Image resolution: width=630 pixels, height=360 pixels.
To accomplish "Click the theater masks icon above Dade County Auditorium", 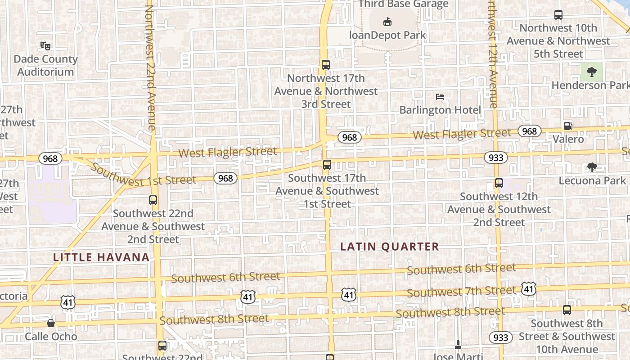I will coord(45,45).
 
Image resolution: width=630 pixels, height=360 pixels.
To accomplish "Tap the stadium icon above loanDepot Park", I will coord(387,22).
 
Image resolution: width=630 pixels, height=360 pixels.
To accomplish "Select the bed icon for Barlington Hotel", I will coord(440,96).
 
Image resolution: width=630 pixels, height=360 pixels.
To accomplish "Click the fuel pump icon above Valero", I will coord(568,126).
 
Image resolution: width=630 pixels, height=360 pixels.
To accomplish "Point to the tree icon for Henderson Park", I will coord(591,72).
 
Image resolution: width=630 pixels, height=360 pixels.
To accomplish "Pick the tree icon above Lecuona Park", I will coord(592,167).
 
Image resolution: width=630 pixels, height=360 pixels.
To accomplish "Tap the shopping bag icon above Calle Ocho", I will coord(51,323).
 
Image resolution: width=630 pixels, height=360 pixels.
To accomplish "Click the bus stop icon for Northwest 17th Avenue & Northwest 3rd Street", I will coord(326,65).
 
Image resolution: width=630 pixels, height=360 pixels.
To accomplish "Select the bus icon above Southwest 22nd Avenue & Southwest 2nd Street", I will coord(153,200).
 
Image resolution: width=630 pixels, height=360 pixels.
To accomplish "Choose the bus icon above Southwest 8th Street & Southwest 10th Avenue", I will coord(567,310).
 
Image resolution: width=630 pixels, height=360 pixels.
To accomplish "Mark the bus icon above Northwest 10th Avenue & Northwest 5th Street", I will coord(558,15).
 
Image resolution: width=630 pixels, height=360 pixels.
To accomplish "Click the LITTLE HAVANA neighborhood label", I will coord(101,257).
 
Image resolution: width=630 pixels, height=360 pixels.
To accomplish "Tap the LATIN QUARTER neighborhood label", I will coord(389,247).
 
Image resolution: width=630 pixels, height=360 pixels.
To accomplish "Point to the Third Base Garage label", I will coord(404,4).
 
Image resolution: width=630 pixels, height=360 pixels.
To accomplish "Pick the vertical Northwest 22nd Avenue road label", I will coord(150,67).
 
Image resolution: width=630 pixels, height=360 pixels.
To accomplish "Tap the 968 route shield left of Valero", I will coord(530,131).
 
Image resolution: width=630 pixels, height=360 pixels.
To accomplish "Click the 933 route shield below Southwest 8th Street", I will coord(500,337).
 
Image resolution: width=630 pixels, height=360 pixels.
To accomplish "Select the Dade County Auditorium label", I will coord(45,65).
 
